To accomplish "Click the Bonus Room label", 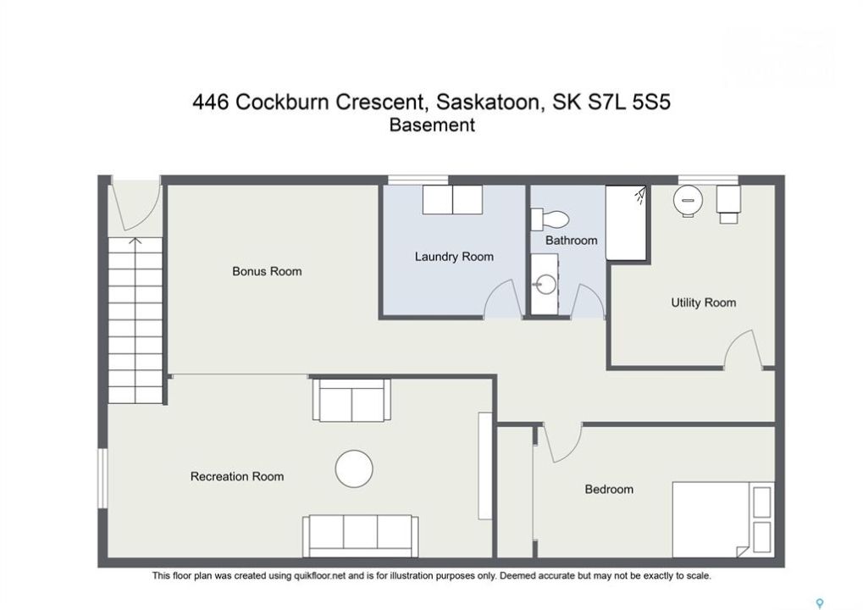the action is (267, 271).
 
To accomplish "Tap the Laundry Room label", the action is (454, 257).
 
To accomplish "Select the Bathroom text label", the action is (572, 241).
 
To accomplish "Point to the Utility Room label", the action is (704, 302).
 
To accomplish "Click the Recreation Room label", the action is (237, 477).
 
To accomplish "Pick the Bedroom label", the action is (609, 490).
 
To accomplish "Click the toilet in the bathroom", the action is (550, 219).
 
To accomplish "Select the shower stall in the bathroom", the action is (626, 223).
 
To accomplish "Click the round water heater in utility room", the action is (688, 200).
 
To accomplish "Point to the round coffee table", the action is (354, 469).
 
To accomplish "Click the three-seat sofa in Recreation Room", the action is (361, 536).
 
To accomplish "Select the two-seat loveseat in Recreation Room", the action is (351, 400).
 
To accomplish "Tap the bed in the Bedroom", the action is (723, 519).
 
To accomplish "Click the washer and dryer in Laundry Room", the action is (452, 200).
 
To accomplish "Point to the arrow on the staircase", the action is (136, 241).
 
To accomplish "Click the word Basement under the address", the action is (432, 125).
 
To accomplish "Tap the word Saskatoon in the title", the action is (488, 102).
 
